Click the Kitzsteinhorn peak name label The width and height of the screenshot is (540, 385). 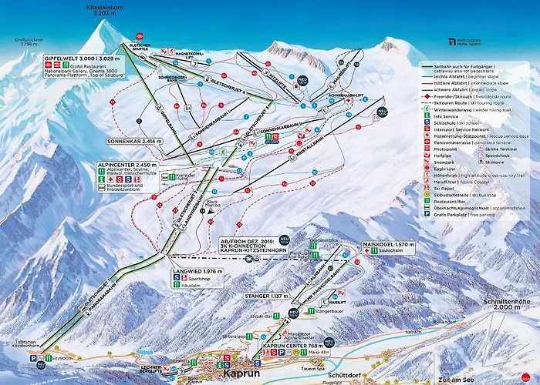pyautogui.click(x=106, y=8)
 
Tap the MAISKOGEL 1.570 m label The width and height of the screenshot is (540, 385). pyautogui.click(x=389, y=244)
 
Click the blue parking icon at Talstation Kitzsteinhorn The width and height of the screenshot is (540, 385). pyautogui.click(x=32, y=358)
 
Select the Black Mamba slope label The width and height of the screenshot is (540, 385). pyautogui.click(x=211, y=205)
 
